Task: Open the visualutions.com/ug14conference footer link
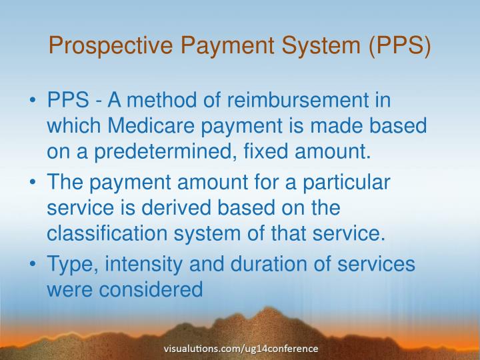click(x=241, y=348)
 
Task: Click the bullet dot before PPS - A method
click(x=33, y=103)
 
